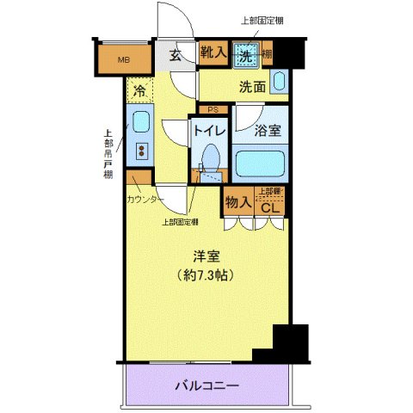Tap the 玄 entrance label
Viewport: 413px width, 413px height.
(175, 56)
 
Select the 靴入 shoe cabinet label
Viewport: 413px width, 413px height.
(213, 53)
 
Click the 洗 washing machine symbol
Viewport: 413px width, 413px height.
(247, 53)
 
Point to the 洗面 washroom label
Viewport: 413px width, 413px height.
(251, 86)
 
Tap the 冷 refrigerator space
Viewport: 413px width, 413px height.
(138, 89)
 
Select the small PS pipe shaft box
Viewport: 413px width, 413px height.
(212, 109)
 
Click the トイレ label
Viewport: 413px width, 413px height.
(209, 131)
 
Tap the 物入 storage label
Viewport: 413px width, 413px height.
(237, 202)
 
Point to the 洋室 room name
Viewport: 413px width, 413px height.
(206, 256)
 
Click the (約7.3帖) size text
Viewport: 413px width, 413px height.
(206, 275)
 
